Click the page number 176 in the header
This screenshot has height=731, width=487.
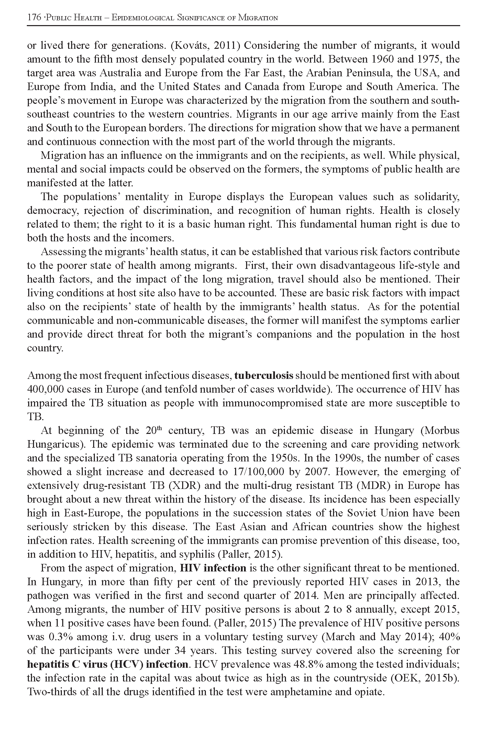pyautogui.click(x=34, y=18)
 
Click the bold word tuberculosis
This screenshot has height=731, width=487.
pyautogui.click(x=264, y=375)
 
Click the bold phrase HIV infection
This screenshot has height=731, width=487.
pyautogui.click(x=213, y=568)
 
